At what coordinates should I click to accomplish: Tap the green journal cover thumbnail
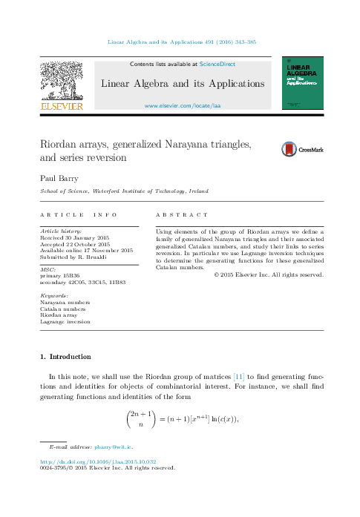click(302, 84)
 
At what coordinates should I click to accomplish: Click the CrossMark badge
click(302, 149)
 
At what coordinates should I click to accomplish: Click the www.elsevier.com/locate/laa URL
click(182, 106)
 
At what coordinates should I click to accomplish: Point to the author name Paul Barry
click(59, 178)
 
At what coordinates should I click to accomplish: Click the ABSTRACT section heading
click(182, 214)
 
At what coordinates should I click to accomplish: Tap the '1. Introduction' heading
click(66, 357)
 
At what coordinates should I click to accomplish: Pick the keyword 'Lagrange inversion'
click(65, 322)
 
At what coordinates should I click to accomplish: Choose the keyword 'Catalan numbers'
click(64, 309)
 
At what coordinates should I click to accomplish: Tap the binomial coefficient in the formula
click(141, 419)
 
